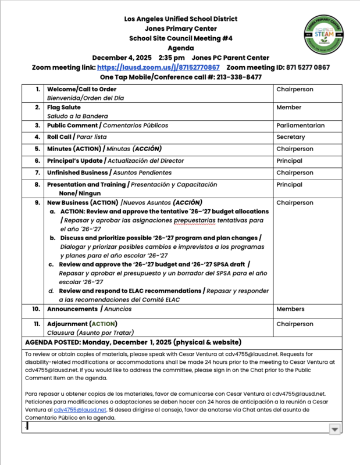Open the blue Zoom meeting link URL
[177, 67]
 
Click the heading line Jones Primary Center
[180, 28]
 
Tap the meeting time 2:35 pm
[172, 57]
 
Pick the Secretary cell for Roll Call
[291, 137]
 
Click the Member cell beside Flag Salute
[289, 108]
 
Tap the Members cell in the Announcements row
[291, 309]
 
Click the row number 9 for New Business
[37, 202]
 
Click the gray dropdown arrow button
[334, 428]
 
